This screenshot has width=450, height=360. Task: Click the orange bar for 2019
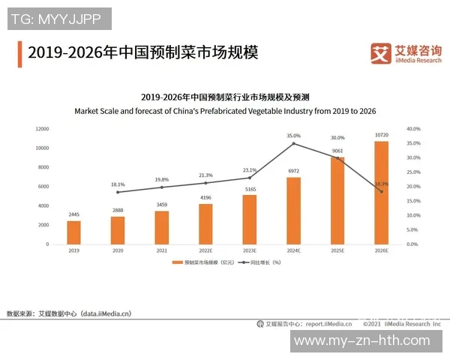tap(73, 232)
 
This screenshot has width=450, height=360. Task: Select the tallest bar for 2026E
tap(381, 193)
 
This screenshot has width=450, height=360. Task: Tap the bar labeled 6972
tap(293, 211)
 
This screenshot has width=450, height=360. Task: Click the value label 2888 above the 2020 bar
tap(118, 211)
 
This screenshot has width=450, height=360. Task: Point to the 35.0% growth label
tap(293, 136)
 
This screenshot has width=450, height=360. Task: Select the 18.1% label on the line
tap(118, 184)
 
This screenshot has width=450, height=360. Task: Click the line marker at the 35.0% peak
tap(293, 143)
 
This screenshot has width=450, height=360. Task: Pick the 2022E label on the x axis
tap(205, 250)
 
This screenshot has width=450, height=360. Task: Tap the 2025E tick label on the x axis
tap(337, 250)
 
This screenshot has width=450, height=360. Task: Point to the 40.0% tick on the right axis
tap(414, 129)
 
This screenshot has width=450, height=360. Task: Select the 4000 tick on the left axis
tap(43, 205)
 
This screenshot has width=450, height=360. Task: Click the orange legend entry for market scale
tap(202, 262)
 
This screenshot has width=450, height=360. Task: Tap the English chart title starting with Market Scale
tap(225, 111)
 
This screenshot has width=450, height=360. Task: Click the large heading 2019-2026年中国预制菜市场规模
tap(142, 53)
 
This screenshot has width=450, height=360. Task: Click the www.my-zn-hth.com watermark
tap(366, 340)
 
